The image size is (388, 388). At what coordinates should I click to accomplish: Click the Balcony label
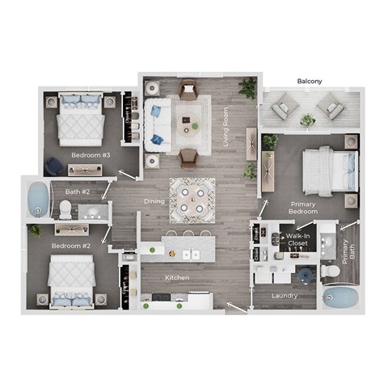pyautogui.click(x=310, y=82)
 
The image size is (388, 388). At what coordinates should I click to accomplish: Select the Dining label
pyautogui.click(x=154, y=201)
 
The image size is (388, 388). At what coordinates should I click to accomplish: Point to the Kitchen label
pyautogui.click(x=177, y=278)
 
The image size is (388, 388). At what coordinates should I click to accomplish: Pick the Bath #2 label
pyautogui.click(x=78, y=192)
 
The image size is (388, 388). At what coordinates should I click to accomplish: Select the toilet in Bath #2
pyautogui.click(x=65, y=209)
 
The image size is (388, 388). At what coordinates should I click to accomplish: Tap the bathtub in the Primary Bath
pyautogui.click(x=340, y=298)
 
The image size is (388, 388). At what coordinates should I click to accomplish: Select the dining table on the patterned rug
pyautogui.click(x=192, y=200)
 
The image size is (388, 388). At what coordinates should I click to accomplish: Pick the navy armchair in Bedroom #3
pyautogui.click(x=53, y=165)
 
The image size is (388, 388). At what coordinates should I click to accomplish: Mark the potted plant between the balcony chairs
pyautogui.click(x=307, y=120)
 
